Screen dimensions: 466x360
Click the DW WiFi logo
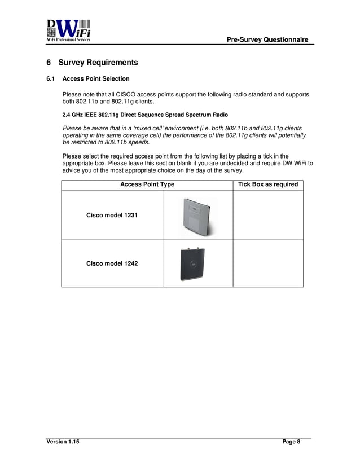[x=68, y=30]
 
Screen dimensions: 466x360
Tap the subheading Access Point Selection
[x=96, y=78]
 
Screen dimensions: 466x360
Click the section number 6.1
[x=50, y=78]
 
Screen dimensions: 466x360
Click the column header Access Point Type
[x=147, y=184]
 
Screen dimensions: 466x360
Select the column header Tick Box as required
[x=268, y=184]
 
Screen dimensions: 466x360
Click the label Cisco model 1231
[x=112, y=216]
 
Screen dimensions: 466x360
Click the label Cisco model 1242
[x=112, y=263]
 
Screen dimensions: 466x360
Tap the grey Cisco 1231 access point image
[x=197, y=216]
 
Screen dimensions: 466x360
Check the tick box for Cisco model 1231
[x=268, y=216]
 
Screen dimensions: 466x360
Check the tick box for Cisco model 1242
[x=268, y=263]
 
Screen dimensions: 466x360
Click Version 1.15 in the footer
[x=63, y=442]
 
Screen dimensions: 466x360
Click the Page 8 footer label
[x=291, y=442]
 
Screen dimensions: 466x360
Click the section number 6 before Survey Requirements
[x=49, y=62]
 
